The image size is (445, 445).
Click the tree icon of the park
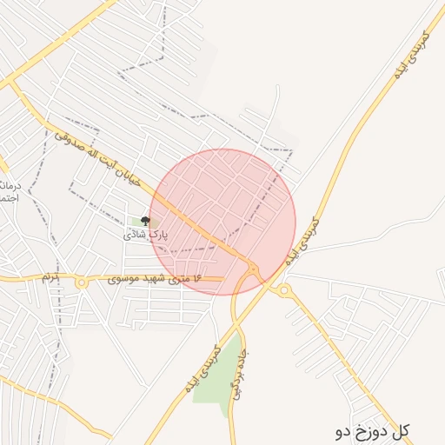pos(144,222)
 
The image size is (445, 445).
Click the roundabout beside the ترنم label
pos(82,282)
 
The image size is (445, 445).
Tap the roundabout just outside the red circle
pos(284,289)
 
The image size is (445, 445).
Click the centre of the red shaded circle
pos(222,222)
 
